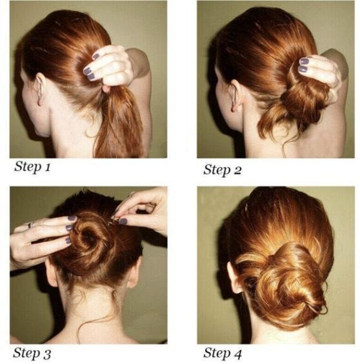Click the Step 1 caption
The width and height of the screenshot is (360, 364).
(x=32, y=167)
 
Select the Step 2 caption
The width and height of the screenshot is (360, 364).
(x=222, y=170)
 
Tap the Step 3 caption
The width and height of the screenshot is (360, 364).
(x=32, y=353)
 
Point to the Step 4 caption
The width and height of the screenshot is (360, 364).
(x=223, y=353)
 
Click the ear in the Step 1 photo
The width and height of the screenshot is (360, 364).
(x=39, y=88)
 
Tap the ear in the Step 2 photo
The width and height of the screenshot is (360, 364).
(x=234, y=95)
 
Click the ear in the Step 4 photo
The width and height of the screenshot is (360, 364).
(x=234, y=278)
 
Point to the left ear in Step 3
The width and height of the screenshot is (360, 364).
(x=52, y=273)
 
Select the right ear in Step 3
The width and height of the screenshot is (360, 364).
(x=134, y=272)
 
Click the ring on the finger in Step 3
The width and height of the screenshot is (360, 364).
(x=30, y=225)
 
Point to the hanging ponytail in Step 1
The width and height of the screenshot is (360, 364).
(x=118, y=123)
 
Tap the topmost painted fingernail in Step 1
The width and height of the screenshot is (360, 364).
(x=95, y=56)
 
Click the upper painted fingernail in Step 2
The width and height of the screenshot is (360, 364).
(x=304, y=61)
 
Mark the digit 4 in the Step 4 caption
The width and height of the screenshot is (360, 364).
(x=237, y=354)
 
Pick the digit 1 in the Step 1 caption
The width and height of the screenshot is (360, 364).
(x=48, y=167)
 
